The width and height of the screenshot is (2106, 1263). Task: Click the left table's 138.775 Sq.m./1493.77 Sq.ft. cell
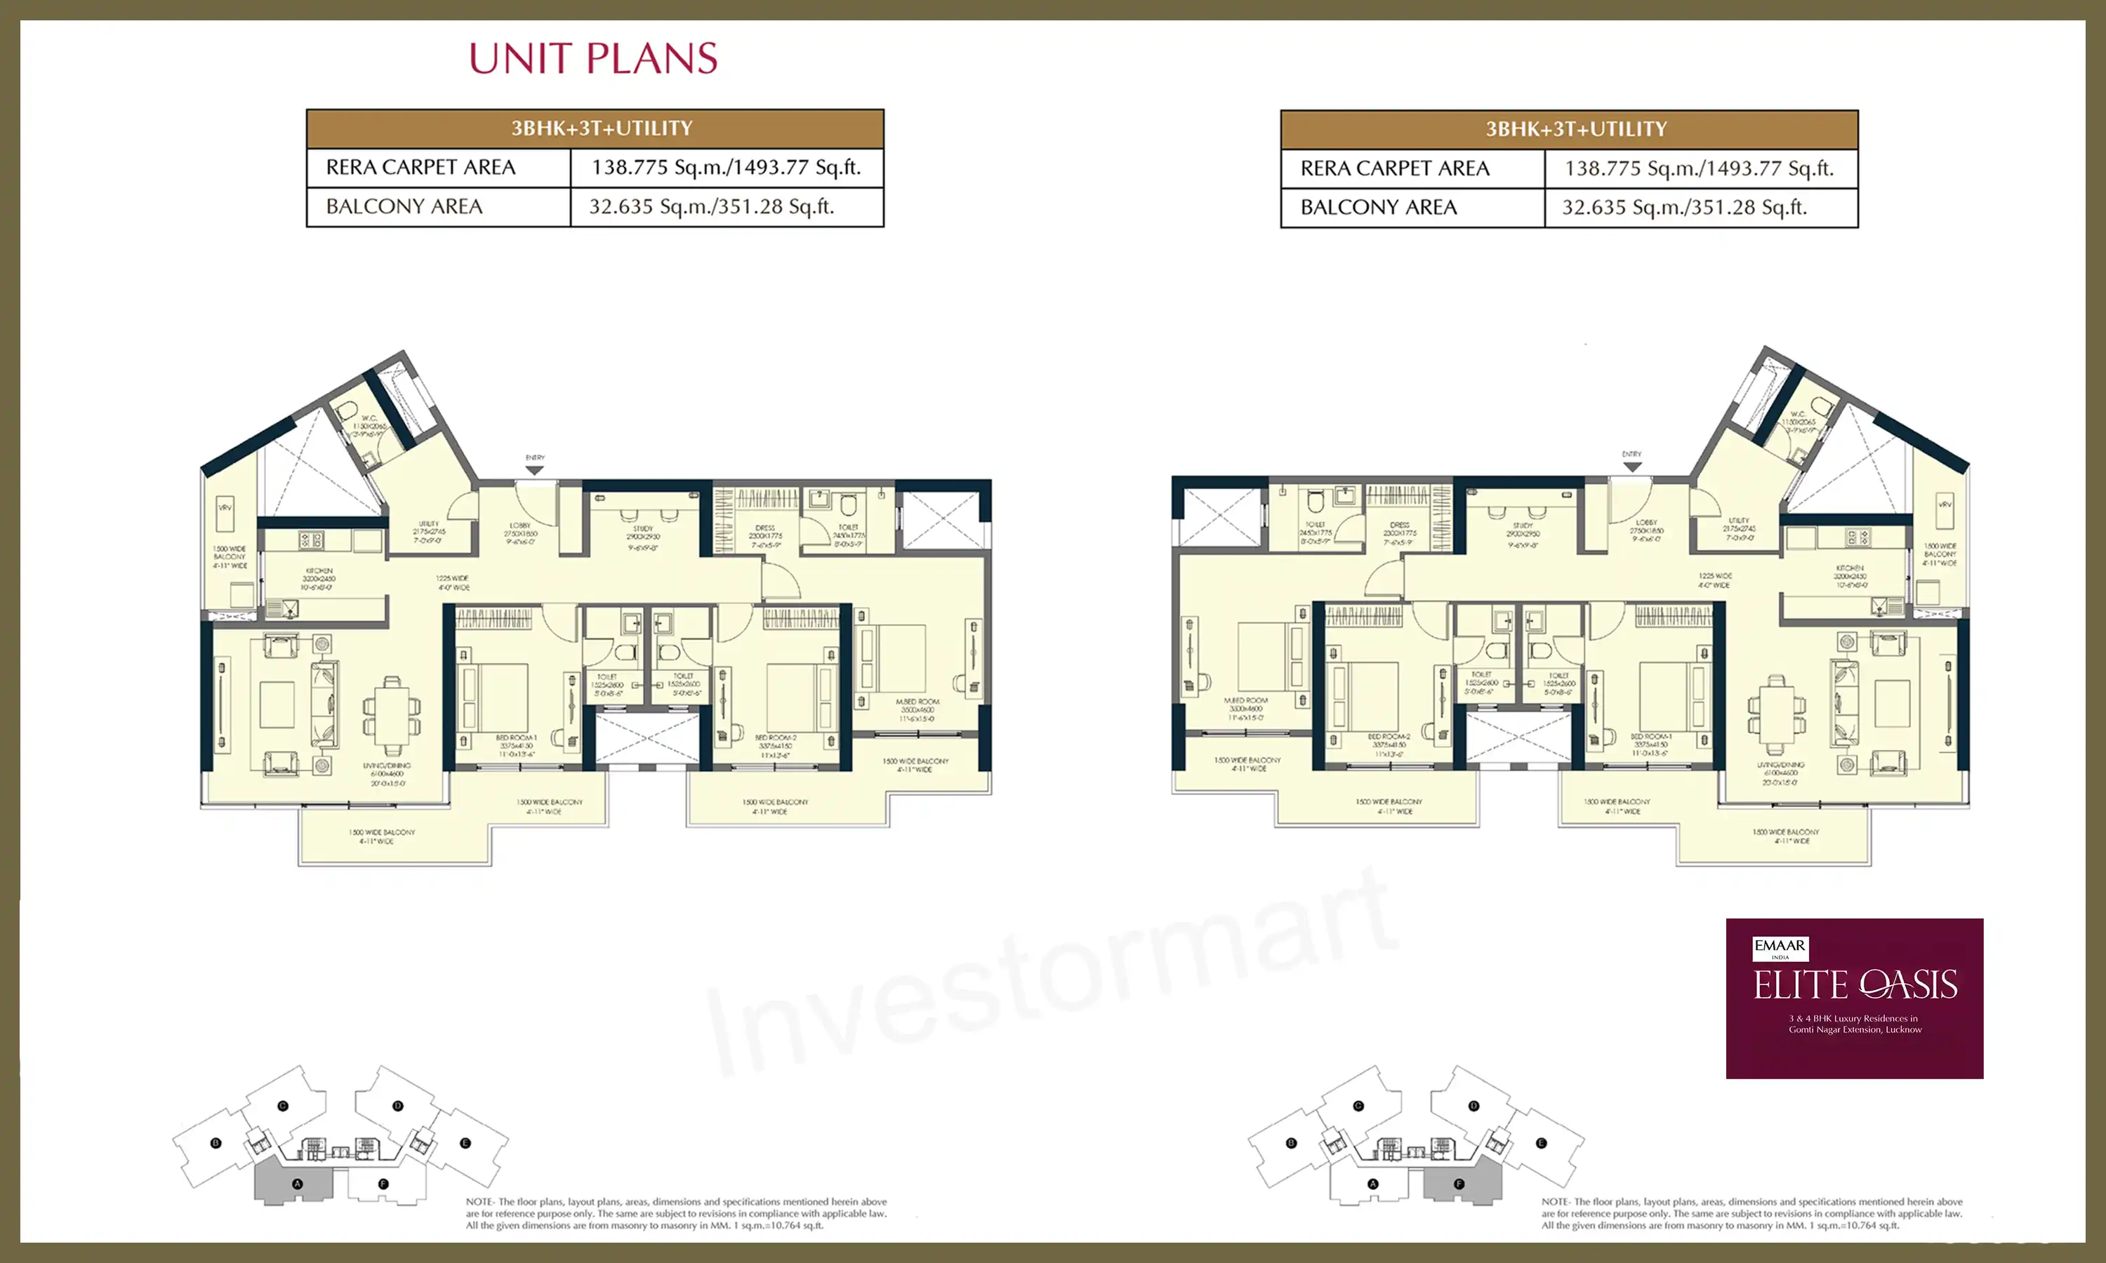(x=726, y=167)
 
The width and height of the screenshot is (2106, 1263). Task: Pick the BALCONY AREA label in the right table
(x=1378, y=207)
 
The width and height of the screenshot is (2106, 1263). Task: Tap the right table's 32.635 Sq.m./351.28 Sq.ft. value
(x=1684, y=207)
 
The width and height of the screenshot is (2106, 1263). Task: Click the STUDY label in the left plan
(x=643, y=528)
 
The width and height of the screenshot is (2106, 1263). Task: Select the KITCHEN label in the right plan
(x=1850, y=568)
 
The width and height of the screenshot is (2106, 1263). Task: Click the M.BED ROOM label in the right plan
(x=1246, y=700)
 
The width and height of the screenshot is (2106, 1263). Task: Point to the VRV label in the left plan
(x=225, y=507)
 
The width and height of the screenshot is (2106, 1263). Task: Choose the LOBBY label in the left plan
(x=520, y=525)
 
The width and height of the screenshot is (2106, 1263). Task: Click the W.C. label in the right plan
(x=1798, y=413)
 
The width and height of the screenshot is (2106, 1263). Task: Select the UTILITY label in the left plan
(x=429, y=524)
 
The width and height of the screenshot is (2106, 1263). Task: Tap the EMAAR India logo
(x=1780, y=948)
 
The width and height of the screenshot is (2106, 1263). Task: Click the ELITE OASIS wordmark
(x=1855, y=986)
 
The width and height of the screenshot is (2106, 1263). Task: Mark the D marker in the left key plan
(x=397, y=1106)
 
